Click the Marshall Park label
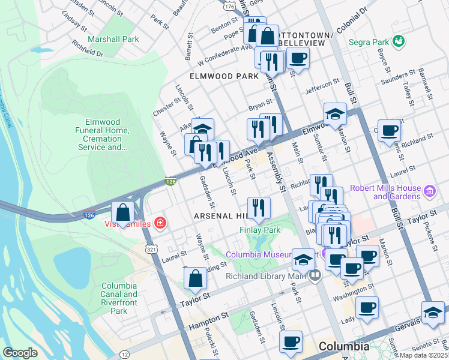coord(113,39)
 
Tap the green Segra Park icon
coord(397,41)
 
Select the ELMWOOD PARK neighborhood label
coord(223,77)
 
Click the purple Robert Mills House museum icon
coord(429,191)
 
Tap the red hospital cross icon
coord(160,224)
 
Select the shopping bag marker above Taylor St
coord(195,278)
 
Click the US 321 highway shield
coord(151,247)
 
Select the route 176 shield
coord(228,7)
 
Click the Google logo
coord(20,353)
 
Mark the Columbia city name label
coord(344,346)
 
